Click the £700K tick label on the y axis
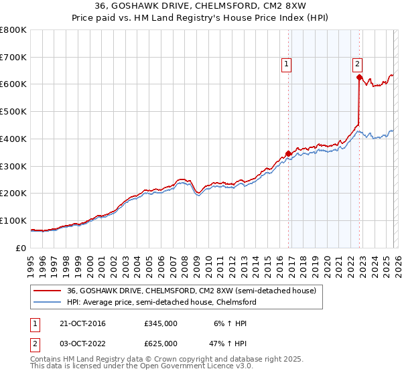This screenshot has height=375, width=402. point(13,57)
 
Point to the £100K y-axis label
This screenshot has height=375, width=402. point(13,220)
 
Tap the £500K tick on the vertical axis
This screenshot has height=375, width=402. point(13,112)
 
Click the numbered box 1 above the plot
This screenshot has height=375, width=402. point(286,64)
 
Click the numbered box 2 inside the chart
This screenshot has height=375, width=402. point(357,64)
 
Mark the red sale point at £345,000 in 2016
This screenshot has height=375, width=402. point(289,153)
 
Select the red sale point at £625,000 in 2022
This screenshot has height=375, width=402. point(359,77)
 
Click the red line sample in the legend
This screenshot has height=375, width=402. point(48,291)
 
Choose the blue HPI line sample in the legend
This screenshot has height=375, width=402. point(48,302)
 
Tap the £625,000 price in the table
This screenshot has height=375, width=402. point(160,343)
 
